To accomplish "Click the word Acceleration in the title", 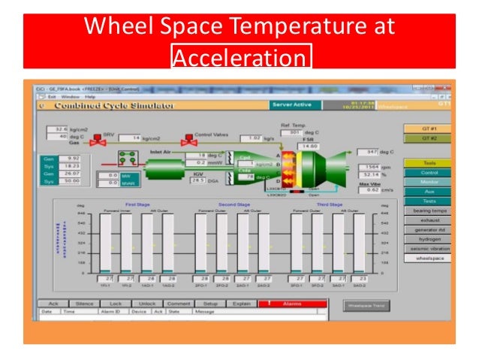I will click(x=241, y=59).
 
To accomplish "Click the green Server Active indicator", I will click(x=293, y=105).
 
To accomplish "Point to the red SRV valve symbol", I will click(x=96, y=140).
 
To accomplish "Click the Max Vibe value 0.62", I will click(x=369, y=191).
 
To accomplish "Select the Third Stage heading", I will click(x=330, y=204).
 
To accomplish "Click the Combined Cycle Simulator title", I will click(x=105, y=106).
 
